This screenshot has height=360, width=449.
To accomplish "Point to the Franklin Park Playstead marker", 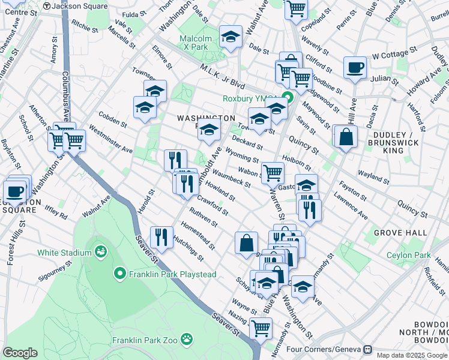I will point(120,274).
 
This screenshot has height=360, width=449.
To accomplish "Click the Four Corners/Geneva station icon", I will point(368,349).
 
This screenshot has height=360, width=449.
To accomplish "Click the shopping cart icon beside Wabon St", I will point(273,172).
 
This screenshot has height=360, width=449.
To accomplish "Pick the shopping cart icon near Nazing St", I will point(260,328).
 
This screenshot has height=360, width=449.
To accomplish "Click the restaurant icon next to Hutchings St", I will point(161,236).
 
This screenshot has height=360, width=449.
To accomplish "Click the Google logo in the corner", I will point(20,353).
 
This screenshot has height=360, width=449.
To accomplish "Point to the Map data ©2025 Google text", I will point(411,355).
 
